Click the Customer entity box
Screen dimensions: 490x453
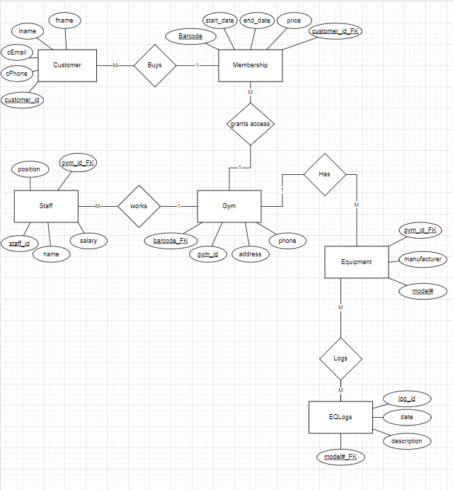coord(67,65)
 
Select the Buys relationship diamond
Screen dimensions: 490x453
coord(154,65)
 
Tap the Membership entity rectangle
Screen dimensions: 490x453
coord(250,65)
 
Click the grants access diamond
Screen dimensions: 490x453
coord(250,124)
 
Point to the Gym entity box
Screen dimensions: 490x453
coord(229,206)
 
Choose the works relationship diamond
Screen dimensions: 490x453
coord(139,206)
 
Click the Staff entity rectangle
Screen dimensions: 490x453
coord(46,206)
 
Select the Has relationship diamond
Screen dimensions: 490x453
coord(324,173)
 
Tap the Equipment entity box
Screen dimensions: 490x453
coord(356,262)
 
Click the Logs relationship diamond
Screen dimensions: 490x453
coord(340,358)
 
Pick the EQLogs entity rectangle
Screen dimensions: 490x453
coord(340,417)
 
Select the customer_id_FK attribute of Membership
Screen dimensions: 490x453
coord(336,31)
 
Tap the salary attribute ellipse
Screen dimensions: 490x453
coord(88,241)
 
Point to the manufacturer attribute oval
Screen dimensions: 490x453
coord(423,259)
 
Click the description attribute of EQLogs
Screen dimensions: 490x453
coord(406,441)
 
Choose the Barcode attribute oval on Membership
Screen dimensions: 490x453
coord(190,36)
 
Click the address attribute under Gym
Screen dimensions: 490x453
coord(251,254)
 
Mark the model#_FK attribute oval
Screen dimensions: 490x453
coord(340,457)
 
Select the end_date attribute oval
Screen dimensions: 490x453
coord(258,21)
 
